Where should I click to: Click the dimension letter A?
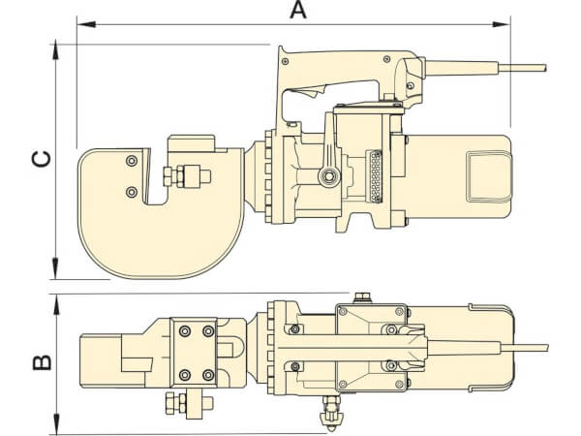[299, 11]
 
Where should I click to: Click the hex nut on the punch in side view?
[180, 176]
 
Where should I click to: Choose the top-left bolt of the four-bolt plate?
[184, 332]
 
